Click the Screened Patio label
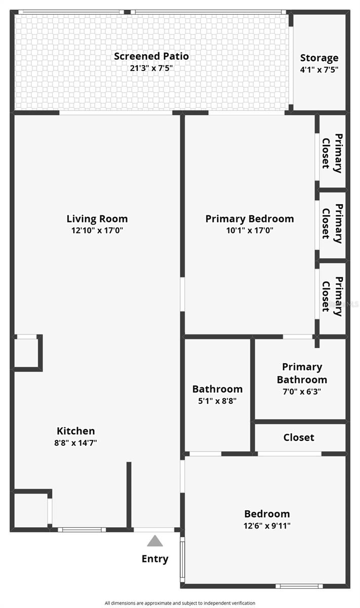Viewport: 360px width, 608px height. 151,56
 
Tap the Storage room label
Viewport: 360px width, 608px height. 319,58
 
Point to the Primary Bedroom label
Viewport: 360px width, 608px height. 250,219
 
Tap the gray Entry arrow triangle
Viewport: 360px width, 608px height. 155,541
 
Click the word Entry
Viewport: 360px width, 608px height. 155,559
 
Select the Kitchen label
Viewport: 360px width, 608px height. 75,431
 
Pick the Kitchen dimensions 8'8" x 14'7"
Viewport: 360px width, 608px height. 75,443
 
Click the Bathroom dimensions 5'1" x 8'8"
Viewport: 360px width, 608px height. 217,401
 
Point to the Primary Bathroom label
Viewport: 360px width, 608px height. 302,373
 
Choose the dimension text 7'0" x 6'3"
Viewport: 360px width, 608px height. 302,392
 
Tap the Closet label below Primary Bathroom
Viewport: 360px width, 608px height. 299,437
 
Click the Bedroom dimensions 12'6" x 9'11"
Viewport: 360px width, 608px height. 267,525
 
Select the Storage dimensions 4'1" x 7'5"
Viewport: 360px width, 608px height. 319,69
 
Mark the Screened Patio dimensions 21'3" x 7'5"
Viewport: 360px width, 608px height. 151,68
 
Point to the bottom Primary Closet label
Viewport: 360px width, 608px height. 332,296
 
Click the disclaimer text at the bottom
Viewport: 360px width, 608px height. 180,603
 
